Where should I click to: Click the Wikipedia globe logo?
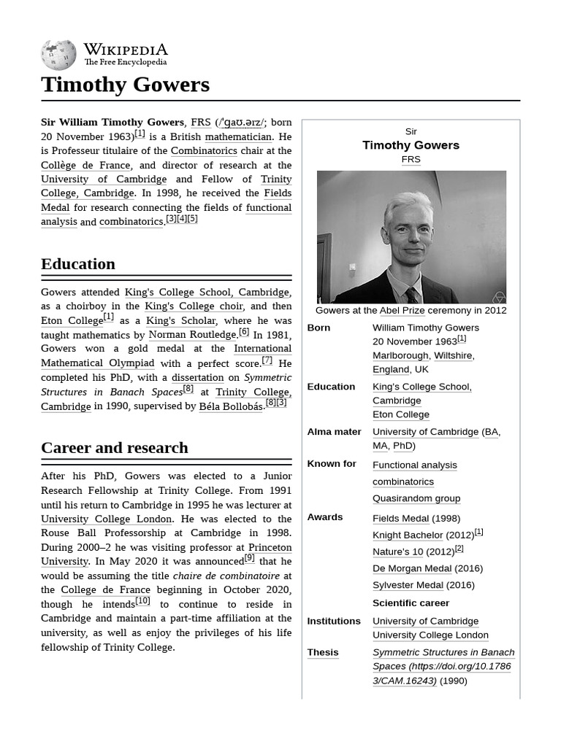[x=58, y=55]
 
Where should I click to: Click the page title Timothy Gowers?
[x=125, y=85]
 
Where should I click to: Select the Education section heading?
[x=78, y=264]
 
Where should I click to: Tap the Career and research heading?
[x=115, y=448]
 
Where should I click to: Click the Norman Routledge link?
[x=192, y=335]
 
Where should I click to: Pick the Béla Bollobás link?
[x=231, y=406]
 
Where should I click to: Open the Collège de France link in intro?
[x=85, y=166]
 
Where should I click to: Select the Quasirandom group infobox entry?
[x=416, y=498]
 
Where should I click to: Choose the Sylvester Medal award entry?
[x=408, y=585]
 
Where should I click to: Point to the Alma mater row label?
[x=335, y=432]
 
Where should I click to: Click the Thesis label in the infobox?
[x=323, y=652]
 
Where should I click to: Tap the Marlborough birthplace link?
[x=400, y=355]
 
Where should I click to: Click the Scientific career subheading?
[x=411, y=603]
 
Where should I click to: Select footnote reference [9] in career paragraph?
[x=250, y=558]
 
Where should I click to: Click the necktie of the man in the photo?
[x=411, y=295]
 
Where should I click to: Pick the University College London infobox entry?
[x=430, y=635]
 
